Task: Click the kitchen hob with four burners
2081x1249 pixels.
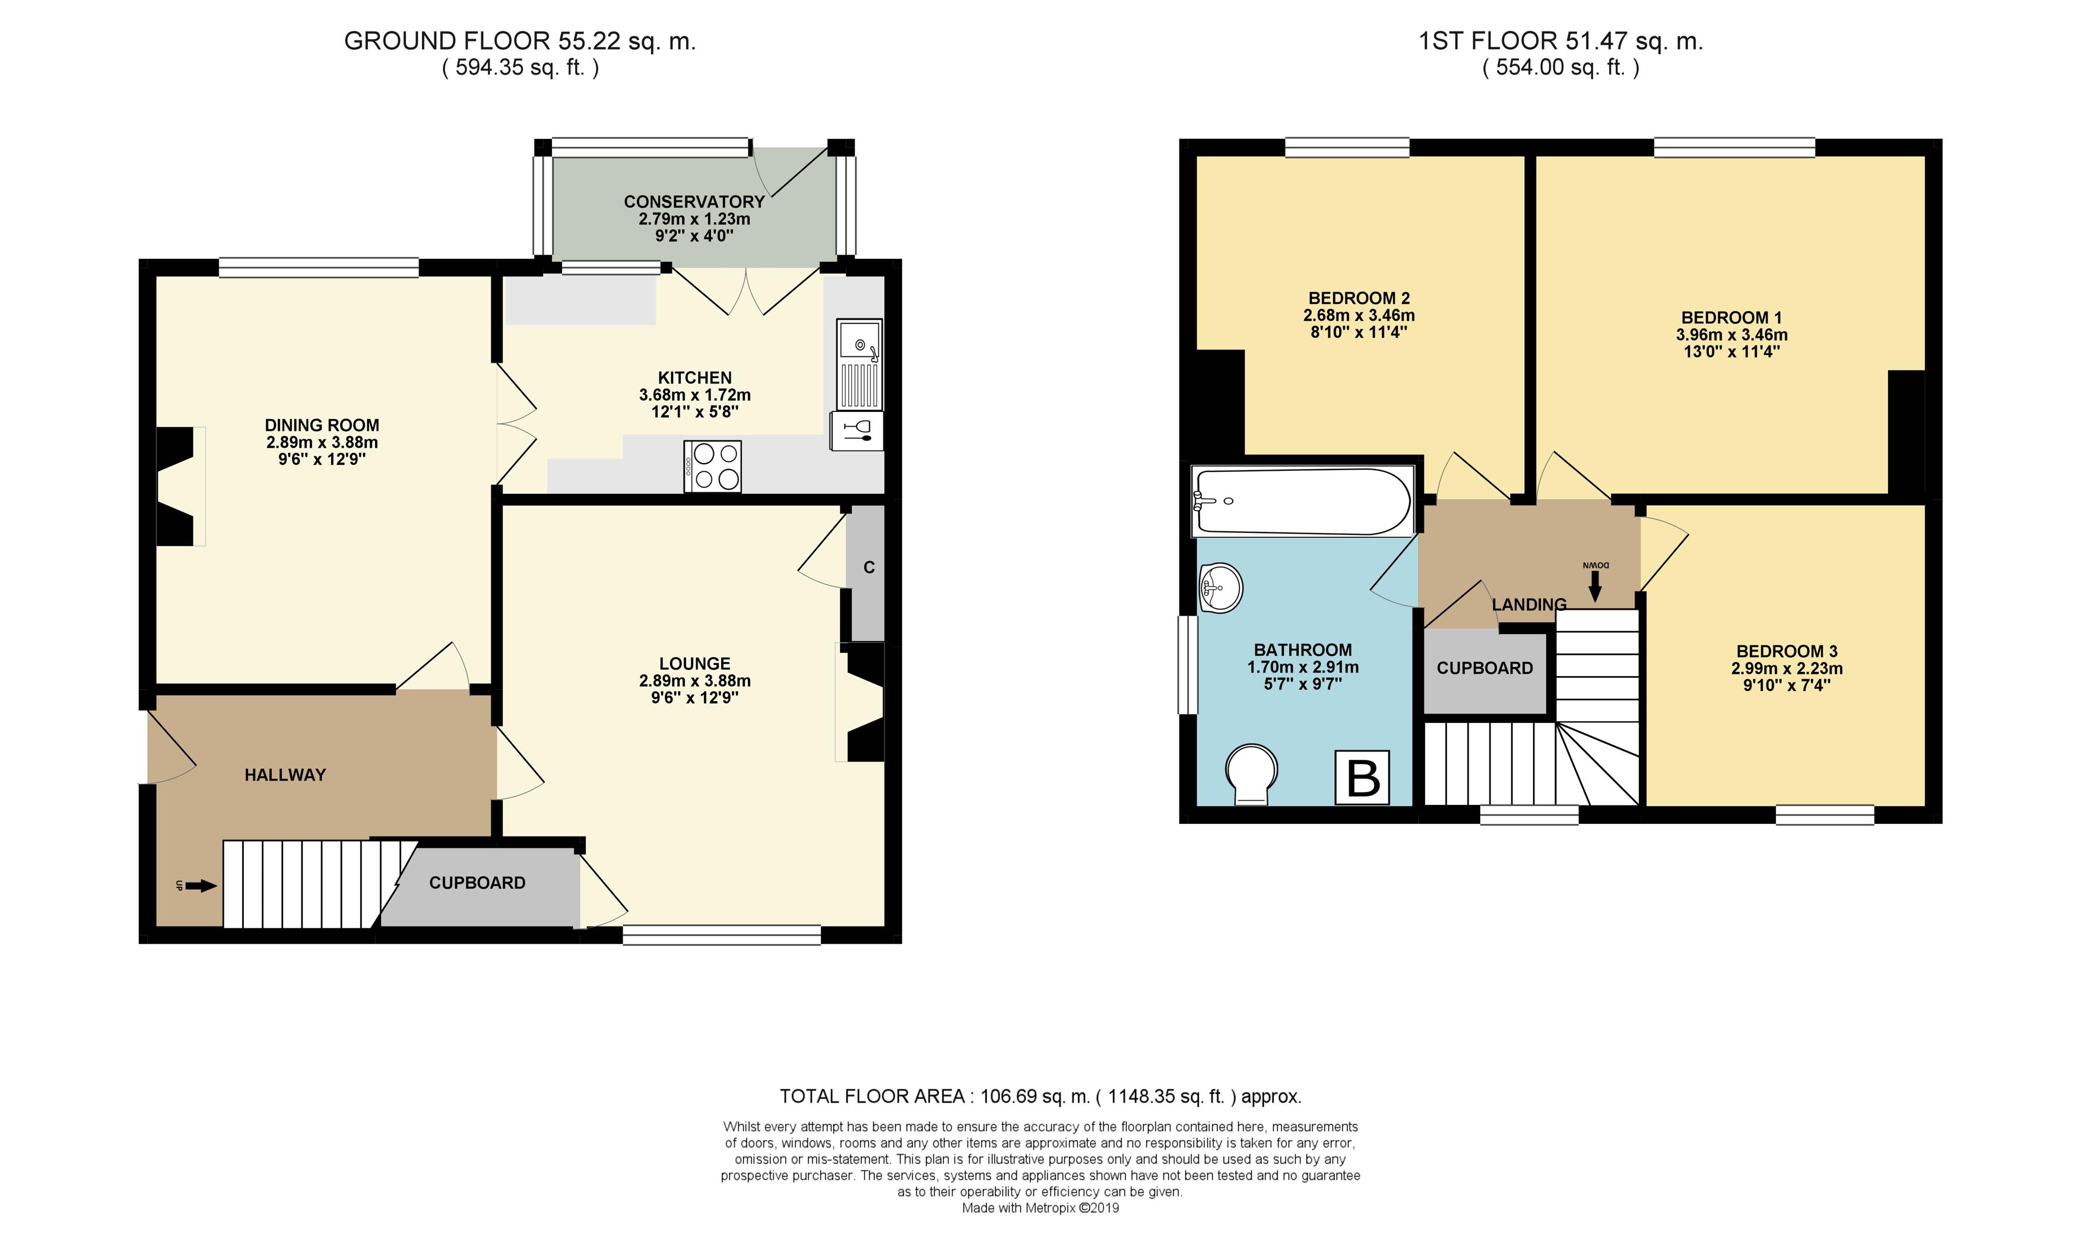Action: [x=712, y=466]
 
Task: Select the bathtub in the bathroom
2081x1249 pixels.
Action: [x=1303, y=502]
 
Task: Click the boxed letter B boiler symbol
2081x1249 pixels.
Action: [x=1362, y=778]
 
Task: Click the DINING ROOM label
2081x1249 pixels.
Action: [x=322, y=425]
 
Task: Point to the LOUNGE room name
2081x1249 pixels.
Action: [x=694, y=663]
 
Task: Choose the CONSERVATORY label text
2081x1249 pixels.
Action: [x=694, y=202]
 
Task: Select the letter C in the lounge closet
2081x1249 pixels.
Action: [x=868, y=568]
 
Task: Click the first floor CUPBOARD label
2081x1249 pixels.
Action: [x=1484, y=668]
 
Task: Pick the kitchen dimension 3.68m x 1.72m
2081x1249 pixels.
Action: [x=695, y=395]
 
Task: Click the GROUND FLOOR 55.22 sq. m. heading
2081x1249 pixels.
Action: [x=520, y=40]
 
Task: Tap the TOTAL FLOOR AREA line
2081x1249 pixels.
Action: [x=1040, y=1096]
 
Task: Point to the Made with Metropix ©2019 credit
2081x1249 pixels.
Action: [x=1040, y=1208]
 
